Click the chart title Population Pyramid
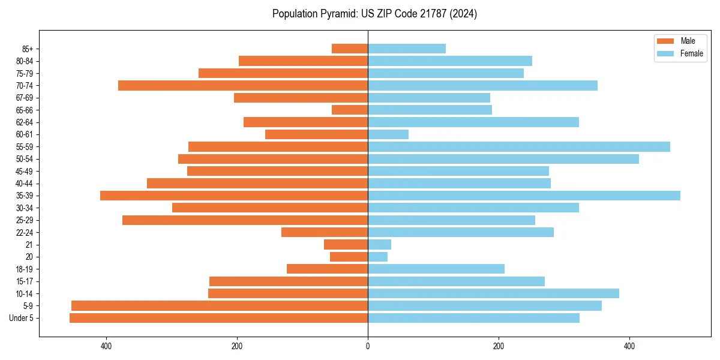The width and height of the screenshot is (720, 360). click(x=374, y=14)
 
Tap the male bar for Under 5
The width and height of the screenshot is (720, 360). click(x=218, y=318)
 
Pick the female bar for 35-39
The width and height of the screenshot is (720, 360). click(x=524, y=196)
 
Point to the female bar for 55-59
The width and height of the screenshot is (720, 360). click(x=519, y=147)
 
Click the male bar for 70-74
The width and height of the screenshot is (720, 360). click(x=243, y=86)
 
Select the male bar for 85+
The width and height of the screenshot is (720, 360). click(x=350, y=49)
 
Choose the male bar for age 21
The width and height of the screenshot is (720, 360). click(x=346, y=245)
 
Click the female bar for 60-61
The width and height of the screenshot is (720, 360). click(x=388, y=134)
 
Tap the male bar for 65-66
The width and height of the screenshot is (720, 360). click(x=350, y=110)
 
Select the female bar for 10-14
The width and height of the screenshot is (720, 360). click(x=493, y=293)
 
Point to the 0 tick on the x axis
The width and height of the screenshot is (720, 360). click(x=368, y=346)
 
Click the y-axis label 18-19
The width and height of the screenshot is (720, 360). click(x=25, y=269)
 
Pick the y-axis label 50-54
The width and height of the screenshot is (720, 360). click(x=25, y=159)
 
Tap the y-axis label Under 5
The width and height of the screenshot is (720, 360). click(x=22, y=318)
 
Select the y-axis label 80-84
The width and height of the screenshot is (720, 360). click(x=25, y=61)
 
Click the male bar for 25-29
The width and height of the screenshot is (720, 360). click(x=245, y=220)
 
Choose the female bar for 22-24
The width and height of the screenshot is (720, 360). click(x=461, y=232)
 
